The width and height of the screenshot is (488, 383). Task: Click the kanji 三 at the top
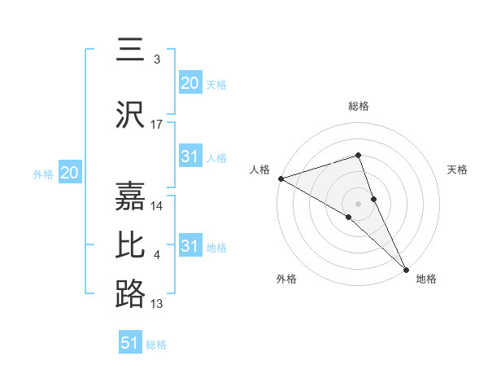tap(130, 51)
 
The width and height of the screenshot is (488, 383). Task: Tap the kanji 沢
tap(130, 114)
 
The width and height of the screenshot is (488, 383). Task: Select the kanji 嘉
tap(130, 196)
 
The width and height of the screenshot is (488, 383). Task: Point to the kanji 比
tap(130, 245)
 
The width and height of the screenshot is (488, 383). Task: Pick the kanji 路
tap(130, 293)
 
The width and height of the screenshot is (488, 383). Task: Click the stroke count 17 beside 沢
tap(157, 125)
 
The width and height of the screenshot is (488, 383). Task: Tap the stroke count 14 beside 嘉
tap(157, 206)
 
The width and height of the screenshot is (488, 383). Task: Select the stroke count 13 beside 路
tap(157, 304)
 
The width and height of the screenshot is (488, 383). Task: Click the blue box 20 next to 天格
tap(190, 82)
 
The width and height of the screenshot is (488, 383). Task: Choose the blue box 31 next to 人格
tap(190, 156)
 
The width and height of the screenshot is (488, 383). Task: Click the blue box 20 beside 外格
tap(69, 172)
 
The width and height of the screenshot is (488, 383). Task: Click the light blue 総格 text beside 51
tap(156, 345)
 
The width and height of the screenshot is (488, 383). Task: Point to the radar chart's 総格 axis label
tap(359, 106)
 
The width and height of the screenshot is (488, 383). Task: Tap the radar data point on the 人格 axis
tap(280, 178)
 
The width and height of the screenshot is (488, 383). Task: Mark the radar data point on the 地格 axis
tap(406, 268)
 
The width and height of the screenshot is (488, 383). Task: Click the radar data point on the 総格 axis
tap(359, 156)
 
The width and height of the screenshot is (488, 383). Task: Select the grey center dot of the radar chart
tap(359, 203)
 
